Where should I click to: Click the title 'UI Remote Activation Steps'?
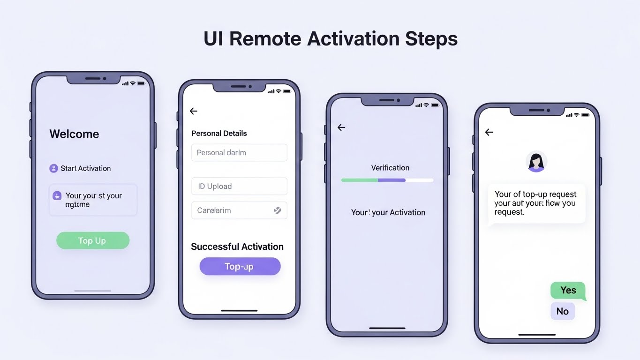[x=330, y=38]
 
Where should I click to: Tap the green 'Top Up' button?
[x=92, y=240]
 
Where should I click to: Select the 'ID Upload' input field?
[x=239, y=186]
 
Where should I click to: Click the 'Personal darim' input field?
[x=239, y=153]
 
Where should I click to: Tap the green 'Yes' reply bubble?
[x=568, y=291]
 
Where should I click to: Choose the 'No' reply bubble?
[x=562, y=311]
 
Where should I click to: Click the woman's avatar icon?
[x=536, y=162]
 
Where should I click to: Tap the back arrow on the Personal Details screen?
[x=194, y=111]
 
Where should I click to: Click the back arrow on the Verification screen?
[x=341, y=127]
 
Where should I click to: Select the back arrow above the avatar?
[x=489, y=133]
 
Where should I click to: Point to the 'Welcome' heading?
[x=74, y=134]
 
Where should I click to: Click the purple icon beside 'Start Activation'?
[x=53, y=168]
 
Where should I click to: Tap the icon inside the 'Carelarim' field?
[x=277, y=210]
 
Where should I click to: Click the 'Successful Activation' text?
[x=237, y=247]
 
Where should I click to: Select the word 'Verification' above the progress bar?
[x=390, y=168]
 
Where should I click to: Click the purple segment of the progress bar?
[x=392, y=180]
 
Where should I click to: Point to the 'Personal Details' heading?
[x=219, y=134]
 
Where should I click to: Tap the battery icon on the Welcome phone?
[x=141, y=83]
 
